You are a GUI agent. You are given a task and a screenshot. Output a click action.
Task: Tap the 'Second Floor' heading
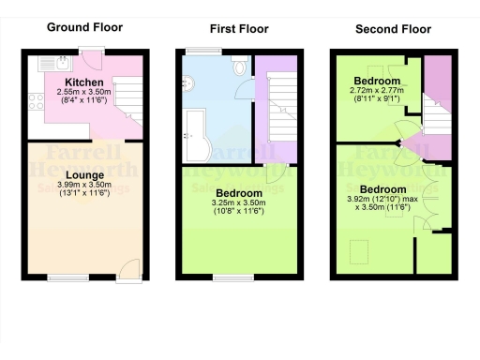point(387,28)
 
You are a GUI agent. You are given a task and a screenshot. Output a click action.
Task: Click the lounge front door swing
point(132,264)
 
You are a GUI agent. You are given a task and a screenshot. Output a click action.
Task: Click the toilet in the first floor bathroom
point(239,66)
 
